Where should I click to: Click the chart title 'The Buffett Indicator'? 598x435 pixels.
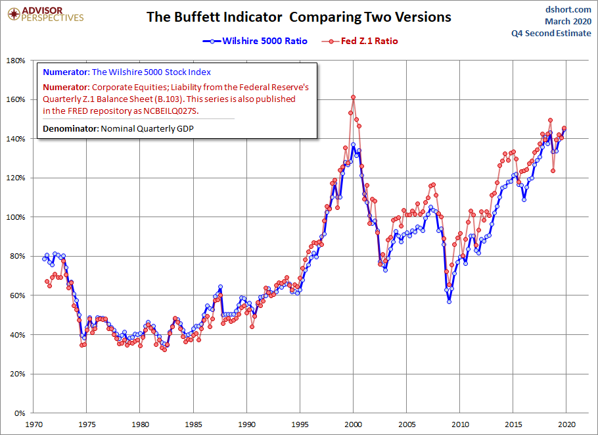tap(214, 17)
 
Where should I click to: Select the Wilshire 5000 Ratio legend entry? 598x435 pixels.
tap(255, 41)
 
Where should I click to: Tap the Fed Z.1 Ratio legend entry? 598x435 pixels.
tap(359, 41)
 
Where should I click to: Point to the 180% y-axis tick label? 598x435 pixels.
tap(16, 61)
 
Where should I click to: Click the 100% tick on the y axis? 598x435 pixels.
tap(16, 217)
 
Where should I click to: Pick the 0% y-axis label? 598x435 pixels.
tap(19, 413)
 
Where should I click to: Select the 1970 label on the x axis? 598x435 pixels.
tap(34, 424)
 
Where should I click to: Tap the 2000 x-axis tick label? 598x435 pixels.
tap(353, 424)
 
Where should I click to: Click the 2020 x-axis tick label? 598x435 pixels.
tap(566, 424)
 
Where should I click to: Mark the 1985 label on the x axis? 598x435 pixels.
tap(193, 424)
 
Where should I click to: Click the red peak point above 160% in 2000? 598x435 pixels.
tap(353, 97)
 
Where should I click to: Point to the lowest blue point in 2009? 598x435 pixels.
tap(449, 301)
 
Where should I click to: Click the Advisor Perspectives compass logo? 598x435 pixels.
tap(14, 14)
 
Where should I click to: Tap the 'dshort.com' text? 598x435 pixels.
tap(568, 10)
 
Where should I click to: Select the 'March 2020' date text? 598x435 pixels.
tap(568, 21)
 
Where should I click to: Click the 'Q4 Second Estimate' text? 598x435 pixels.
tap(551, 33)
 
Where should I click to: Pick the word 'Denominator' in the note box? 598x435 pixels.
tap(70, 129)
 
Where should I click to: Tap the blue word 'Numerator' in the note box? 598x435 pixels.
tap(66, 72)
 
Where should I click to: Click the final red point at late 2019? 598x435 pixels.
tap(564, 128)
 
